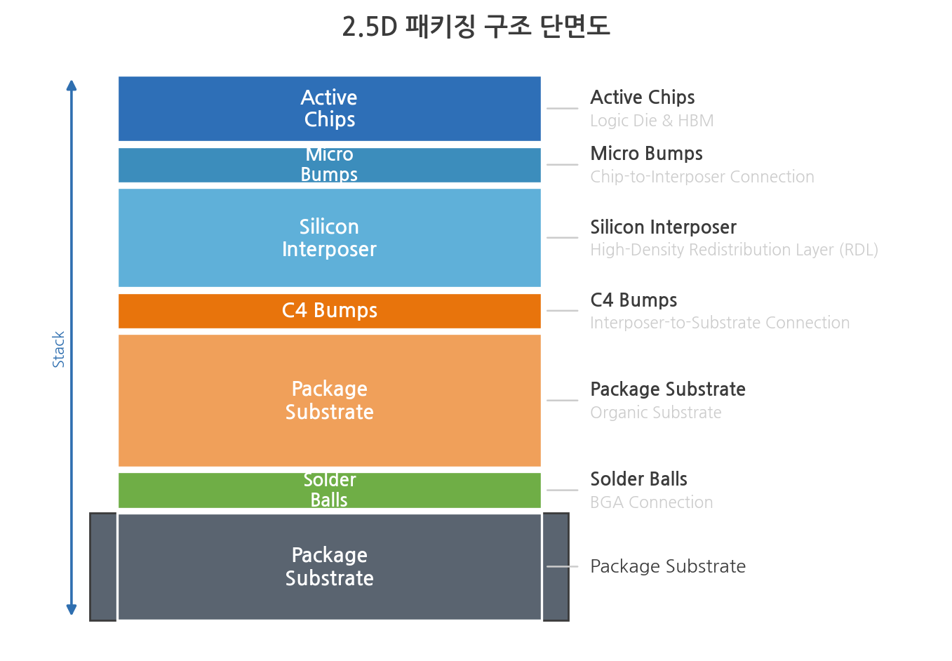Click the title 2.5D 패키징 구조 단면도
click(x=476, y=27)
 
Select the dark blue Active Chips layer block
click(x=329, y=108)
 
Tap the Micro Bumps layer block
click(x=329, y=165)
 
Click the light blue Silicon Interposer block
click(x=329, y=238)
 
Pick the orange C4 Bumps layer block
click(x=329, y=311)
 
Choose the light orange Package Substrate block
click(x=329, y=401)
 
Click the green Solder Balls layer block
click(x=329, y=490)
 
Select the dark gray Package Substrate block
click(x=329, y=567)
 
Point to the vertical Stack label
click(x=58, y=349)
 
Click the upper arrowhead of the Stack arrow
click(x=72, y=85)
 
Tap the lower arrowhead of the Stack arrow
click(x=72, y=610)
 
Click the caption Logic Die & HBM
click(x=652, y=121)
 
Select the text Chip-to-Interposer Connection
click(x=702, y=177)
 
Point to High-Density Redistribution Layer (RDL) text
click(x=734, y=250)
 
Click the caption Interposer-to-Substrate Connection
click(x=720, y=323)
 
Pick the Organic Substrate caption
click(x=656, y=413)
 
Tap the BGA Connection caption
click(x=652, y=502)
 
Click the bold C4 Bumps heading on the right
click(x=633, y=300)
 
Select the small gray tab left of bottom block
click(x=103, y=567)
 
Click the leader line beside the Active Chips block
click(x=562, y=108)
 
